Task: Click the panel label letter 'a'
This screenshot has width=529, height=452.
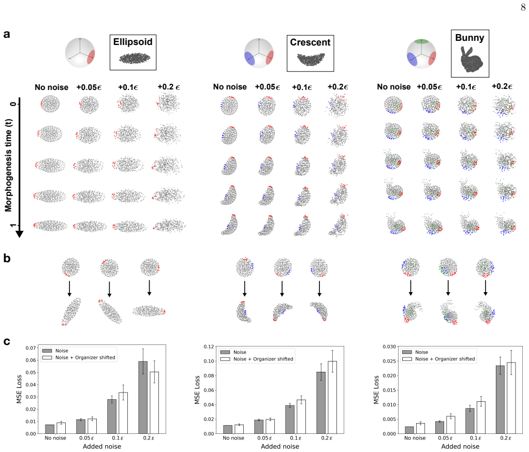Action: point(7,34)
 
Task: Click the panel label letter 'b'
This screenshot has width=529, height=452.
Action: point(7,258)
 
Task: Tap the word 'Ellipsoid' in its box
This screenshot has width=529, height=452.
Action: point(133,42)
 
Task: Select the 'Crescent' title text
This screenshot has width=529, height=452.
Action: point(310,42)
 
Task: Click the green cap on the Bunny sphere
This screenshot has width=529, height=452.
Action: point(421,41)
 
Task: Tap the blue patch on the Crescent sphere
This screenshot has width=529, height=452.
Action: point(249,58)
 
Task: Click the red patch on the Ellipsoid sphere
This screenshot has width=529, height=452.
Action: point(91,56)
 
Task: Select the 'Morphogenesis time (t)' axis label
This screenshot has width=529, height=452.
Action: point(8,165)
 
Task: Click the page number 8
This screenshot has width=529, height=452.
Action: point(523,7)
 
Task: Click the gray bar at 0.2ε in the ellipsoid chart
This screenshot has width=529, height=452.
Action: point(143,397)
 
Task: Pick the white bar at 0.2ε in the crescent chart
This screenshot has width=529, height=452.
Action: point(332,397)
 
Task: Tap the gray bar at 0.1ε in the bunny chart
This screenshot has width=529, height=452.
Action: point(470,421)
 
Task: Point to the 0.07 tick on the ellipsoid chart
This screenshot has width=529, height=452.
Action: point(32,348)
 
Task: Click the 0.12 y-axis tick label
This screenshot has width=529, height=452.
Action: point(209,346)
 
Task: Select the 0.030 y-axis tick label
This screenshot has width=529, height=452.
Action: point(389,346)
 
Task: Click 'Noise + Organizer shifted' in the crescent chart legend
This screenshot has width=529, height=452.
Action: point(263,359)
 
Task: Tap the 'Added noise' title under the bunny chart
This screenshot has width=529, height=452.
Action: point(460,446)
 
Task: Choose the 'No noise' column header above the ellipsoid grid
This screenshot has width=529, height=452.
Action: point(51,87)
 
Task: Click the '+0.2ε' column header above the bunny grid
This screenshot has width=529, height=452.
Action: point(502,86)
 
